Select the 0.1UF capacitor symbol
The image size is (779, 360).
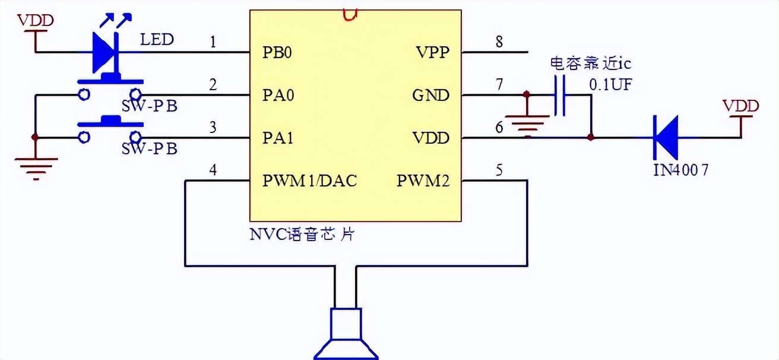click(x=559, y=95)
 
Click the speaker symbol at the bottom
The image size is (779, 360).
click(x=346, y=336)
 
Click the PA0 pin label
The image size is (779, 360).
click(x=278, y=95)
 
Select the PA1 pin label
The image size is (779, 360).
click(x=278, y=138)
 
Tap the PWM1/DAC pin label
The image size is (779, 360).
click(x=309, y=181)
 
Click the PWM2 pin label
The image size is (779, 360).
click(x=423, y=181)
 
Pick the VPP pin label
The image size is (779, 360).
click(x=433, y=52)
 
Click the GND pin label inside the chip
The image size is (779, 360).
click(x=431, y=95)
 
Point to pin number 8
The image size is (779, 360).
click(x=499, y=42)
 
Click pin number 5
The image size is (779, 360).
click(x=499, y=170)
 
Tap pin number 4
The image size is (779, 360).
click(x=213, y=170)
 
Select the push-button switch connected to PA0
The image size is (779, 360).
click(x=110, y=87)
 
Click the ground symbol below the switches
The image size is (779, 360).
click(x=36, y=163)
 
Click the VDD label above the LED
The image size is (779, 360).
click(x=36, y=21)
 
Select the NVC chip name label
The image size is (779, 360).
click(x=302, y=233)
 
